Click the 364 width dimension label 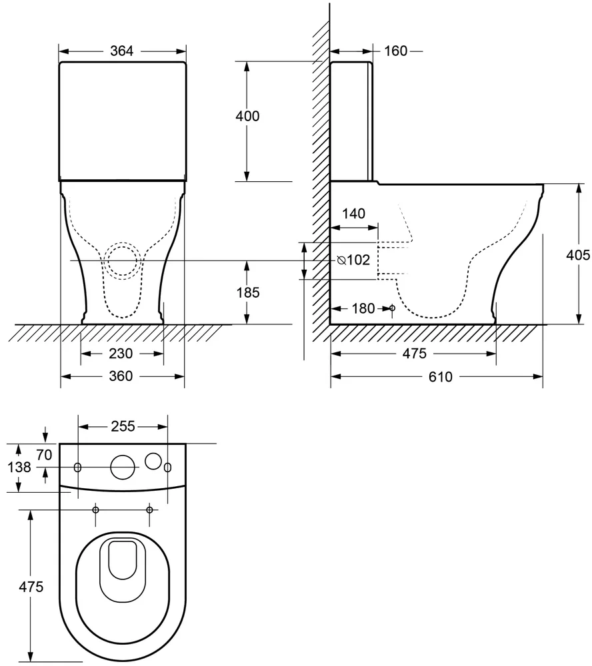click(x=121, y=51)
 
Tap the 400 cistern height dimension click(x=247, y=116)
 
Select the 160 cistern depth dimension click(x=395, y=51)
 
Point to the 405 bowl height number click(x=578, y=255)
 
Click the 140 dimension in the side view click(x=354, y=213)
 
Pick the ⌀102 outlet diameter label click(x=353, y=260)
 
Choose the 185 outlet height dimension click(x=248, y=292)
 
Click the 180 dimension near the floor click(x=363, y=308)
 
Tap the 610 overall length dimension click(x=441, y=376)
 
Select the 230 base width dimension click(x=121, y=354)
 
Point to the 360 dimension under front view click(x=121, y=376)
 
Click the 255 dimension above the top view click(x=123, y=426)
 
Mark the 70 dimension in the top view click(x=44, y=454)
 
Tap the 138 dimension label click(x=19, y=468)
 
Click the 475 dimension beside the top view click(x=31, y=587)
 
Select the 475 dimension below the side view click(x=414, y=354)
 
